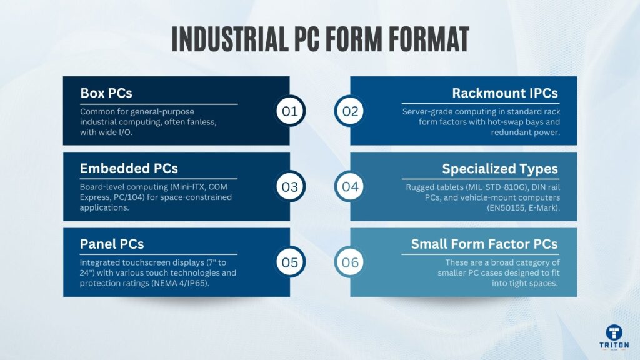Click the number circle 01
click(x=290, y=112)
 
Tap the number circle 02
click(x=350, y=112)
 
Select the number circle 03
click(x=290, y=187)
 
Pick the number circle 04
click(x=350, y=187)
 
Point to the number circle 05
click(x=290, y=262)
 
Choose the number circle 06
click(x=350, y=262)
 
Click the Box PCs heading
click(x=106, y=93)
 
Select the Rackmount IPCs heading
click(x=505, y=93)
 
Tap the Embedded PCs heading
click(x=129, y=169)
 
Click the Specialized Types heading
click(x=500, y=169)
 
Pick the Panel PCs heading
click(x=112, y=244)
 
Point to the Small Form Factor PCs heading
click(x=484, y=244)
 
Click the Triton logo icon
click(x=614, y=332)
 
